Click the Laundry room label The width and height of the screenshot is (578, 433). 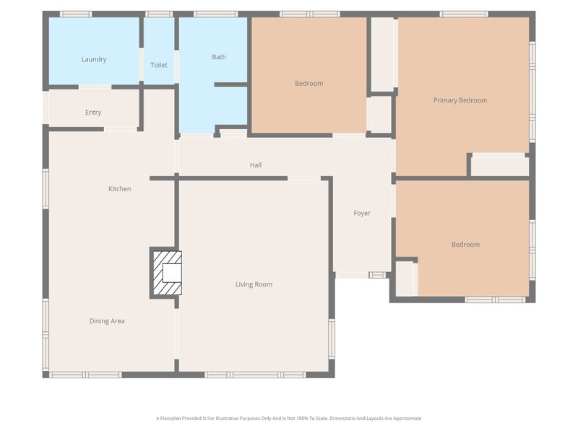pos(94,59)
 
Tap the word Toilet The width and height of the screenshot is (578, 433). pos(159,65)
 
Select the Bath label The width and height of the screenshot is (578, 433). pos(219,57)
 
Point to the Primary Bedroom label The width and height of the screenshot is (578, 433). pos(460,100)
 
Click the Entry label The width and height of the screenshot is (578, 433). pos(93,113)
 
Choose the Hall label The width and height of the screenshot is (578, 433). pos(256,165)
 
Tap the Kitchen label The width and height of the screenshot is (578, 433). pos(120,189)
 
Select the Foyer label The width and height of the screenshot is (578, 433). pos(362,213)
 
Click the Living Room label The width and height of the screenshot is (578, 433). pos(254,284)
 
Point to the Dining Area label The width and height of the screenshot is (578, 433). pos(107,321)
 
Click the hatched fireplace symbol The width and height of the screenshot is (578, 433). pos(165,273)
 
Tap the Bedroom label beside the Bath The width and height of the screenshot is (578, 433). pos(309,84)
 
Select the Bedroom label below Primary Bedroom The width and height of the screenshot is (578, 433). pos(465,245)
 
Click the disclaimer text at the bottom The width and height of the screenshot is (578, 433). pos(289,419)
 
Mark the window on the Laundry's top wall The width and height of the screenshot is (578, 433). pos(75,14)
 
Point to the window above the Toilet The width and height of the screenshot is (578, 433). pos(159,14)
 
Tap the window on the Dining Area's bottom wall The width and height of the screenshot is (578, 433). pos(85,375)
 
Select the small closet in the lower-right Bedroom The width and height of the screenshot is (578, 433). pos(405,279)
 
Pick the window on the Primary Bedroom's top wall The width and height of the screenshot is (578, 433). pos(464,14)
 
